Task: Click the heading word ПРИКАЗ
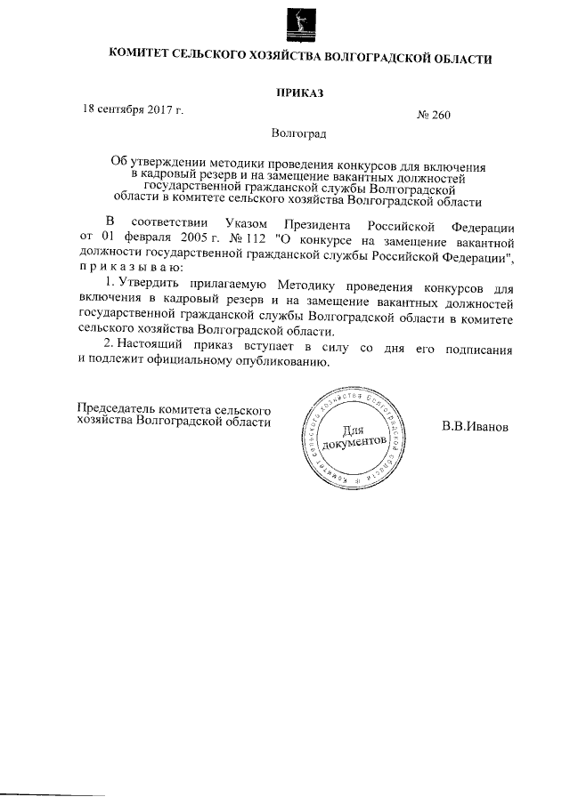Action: tap(299, 93)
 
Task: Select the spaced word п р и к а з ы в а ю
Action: tap(130, 267)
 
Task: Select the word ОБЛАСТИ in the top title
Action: tap(461, 59)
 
